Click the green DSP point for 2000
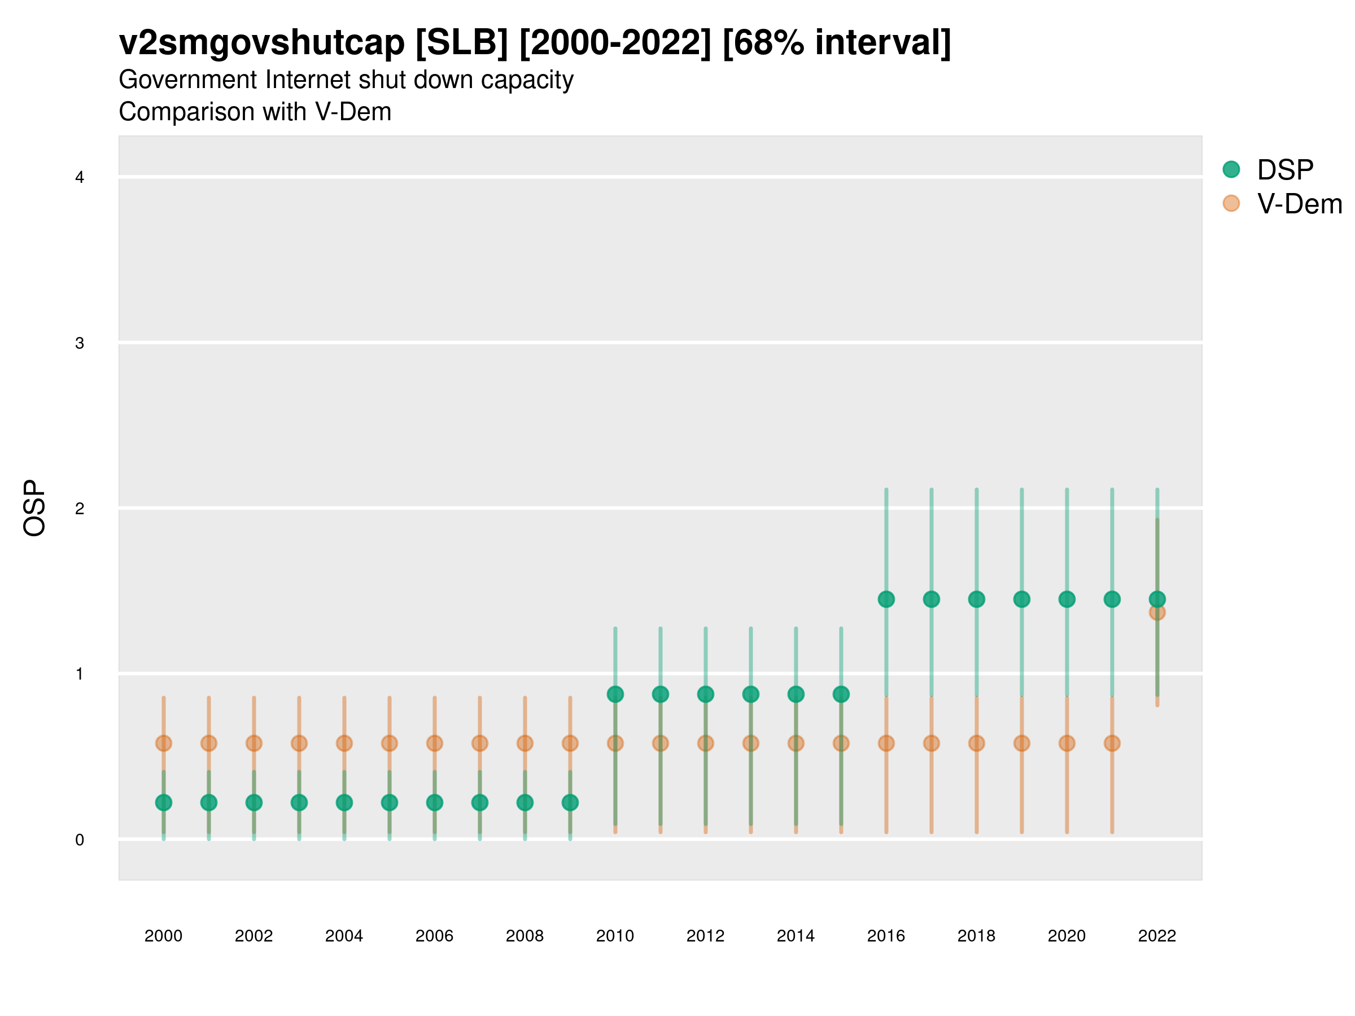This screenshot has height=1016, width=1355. pos(164,802)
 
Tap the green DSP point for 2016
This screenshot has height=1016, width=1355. pos(886,599)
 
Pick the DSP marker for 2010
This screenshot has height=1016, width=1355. pos(615,694)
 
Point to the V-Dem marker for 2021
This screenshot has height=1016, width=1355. pos(1112,743)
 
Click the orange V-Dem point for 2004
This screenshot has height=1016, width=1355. pos(344,743)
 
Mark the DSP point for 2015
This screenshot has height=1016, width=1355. pos(841,694)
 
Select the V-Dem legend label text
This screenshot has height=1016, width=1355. pos(1299,204)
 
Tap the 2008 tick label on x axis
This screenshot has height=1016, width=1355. pos(524,936)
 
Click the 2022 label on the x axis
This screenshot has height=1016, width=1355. pos(1156,936)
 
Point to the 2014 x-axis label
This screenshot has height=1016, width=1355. pos(795,936)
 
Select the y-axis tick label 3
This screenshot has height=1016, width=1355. pos(80,343)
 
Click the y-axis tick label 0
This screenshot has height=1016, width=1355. pos(80,840)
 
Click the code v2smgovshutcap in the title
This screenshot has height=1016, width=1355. pos(261,42)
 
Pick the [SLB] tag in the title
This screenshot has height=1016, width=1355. pos(461,42)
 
